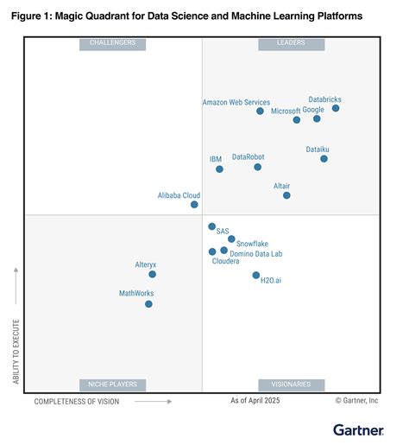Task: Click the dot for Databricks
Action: pyautogui.click(x=336, y=108)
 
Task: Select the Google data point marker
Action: pyautogui.click(x=317, y=118)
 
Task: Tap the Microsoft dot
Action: pyautogui.click(x=297, y=119)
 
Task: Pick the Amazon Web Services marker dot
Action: pyautogui.click(x=260, y=111)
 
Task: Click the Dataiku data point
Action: pyautogui.click(x=324, y=158)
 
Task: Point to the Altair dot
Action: pyautogui.click(x=286, y=195)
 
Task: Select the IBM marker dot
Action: pyautogui.click(x=219, y=168)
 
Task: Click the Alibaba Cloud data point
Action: pyautogui.click(x=194, y=205)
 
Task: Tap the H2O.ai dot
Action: pyautogui.click(x=255, y=275)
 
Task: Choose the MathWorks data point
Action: pyautogui.click(x=148, y=303)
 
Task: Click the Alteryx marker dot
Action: pyautogui.click(x=152, y=274)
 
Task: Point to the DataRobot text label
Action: pyautogui.click(x=249, y=156)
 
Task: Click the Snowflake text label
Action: pyautogui.click(x=252, y=244)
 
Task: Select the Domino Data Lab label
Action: pyautogui.click(x=256, y=254)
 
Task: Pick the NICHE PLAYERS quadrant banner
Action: pyautogui.click(x=113, y=385)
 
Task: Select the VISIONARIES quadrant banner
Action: pyautogui.click(x=291, y=385)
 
